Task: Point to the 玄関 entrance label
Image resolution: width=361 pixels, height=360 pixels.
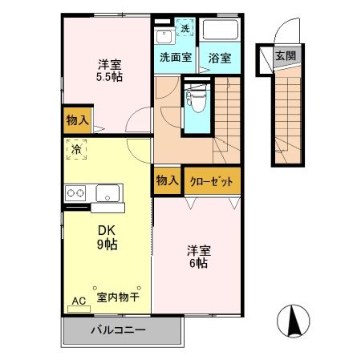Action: (x=284, y=55)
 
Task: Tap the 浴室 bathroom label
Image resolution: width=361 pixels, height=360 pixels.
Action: (x=219, y=58)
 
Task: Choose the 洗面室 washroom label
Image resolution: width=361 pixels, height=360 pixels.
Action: (x=175, y=58)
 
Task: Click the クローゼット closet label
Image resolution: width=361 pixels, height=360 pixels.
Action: (x=213, y=182)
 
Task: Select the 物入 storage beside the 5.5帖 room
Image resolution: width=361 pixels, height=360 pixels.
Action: (x=77, y=120)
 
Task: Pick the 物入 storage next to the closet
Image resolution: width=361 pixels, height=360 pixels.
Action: (x=167, y=181)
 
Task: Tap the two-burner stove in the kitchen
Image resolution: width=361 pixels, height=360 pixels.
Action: (x=76, y=193)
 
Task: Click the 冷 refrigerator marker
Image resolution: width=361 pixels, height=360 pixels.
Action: (x=75, y=148)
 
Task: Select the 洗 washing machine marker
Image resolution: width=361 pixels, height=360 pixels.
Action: (x=185, y=29)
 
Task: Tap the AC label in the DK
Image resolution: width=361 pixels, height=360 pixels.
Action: (x=78, y=301)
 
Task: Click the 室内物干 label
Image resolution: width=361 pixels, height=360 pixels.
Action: (x=118, y=297)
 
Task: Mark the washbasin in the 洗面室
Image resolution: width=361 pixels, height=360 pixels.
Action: (x=163, y=36)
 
